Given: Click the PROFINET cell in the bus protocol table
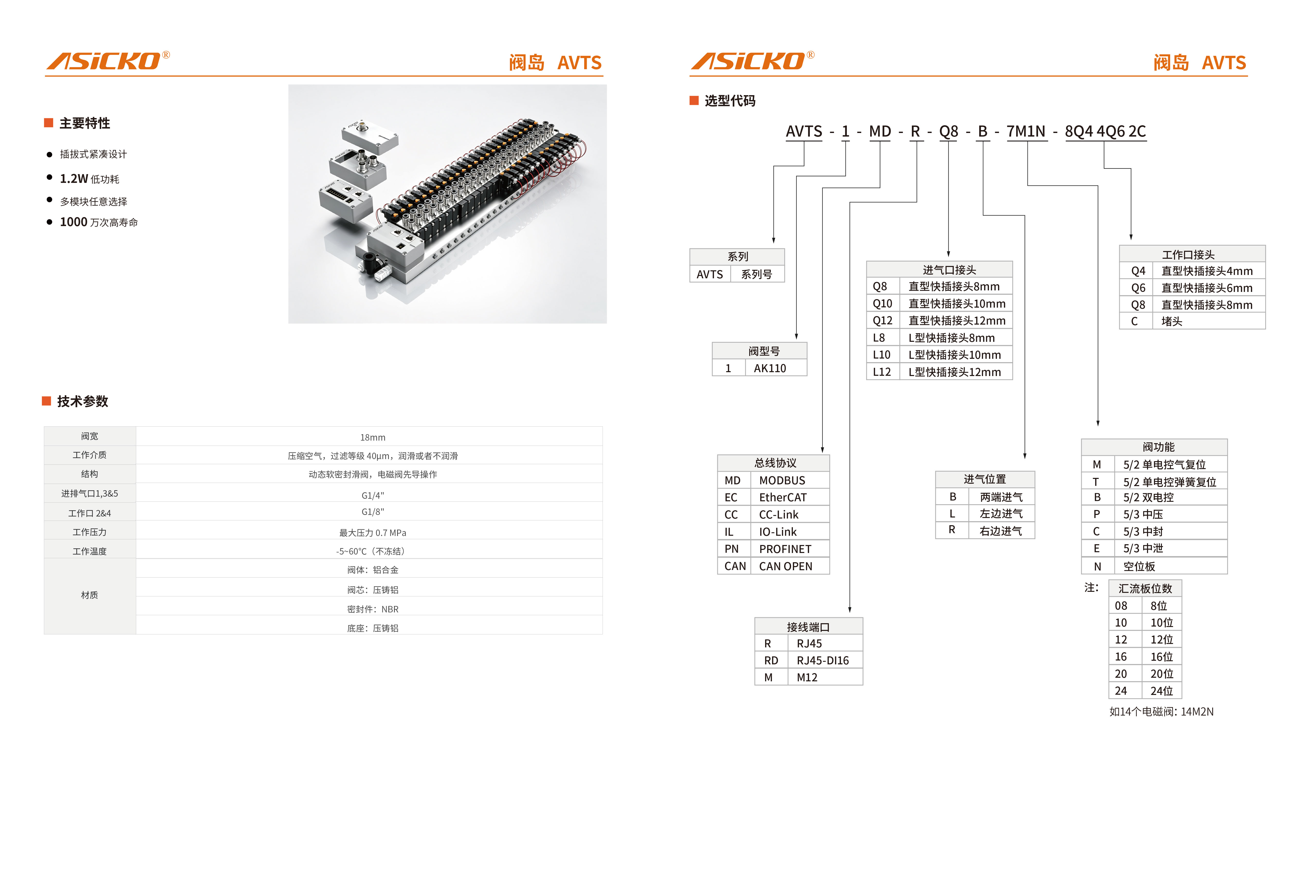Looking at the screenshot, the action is point(785,549).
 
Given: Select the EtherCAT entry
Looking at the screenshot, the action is point(783,497).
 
